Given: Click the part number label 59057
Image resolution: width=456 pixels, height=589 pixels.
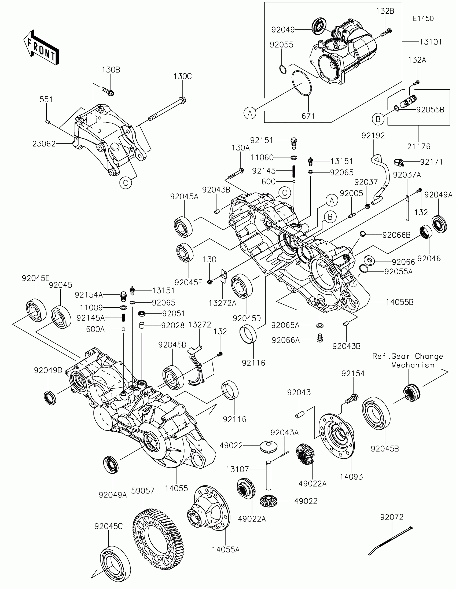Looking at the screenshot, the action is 143,491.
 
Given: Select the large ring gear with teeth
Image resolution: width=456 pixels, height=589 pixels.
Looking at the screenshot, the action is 158,540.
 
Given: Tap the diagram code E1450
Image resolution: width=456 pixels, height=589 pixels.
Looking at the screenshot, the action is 423,19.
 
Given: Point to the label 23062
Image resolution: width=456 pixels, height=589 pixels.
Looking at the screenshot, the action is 44,144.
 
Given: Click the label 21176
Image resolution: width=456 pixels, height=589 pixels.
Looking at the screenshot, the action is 419,146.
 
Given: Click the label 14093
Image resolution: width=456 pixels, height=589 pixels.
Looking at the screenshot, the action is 351,477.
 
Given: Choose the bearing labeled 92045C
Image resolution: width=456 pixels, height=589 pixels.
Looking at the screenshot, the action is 115,562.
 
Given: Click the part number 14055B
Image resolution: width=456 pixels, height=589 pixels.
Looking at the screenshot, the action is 400,302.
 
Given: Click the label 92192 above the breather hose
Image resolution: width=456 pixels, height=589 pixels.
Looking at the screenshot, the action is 373,136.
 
